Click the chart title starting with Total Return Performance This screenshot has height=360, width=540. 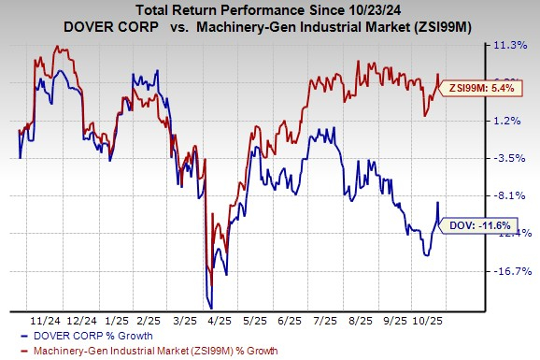pos(270,8)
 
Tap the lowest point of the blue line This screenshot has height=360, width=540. pos(211,308)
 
